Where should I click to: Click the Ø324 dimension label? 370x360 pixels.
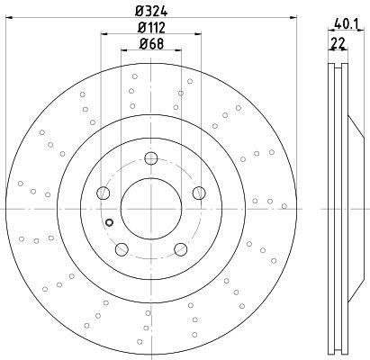(x=151, y=12)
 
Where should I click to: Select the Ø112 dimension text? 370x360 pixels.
(x=151, y=28)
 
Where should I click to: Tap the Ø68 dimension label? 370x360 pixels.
(x=151, y=44)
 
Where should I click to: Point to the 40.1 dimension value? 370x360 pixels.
(x=346, y=24)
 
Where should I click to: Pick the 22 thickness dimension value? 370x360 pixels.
(x=338, y=44)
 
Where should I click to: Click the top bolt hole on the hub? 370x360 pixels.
(x=151, y=158)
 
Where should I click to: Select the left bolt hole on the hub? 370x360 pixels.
(x=103, y=193)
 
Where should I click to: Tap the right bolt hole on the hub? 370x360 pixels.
(x=199, y=193)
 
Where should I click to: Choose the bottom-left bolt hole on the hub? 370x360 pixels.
(x=122, y=249)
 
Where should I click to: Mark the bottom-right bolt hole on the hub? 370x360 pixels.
(x=181, y=249)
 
